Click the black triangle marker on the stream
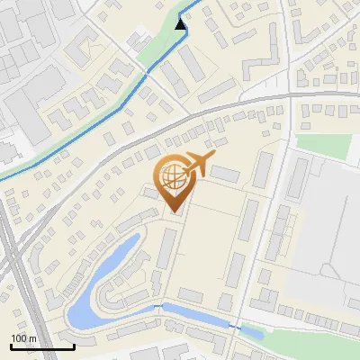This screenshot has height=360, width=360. (182, 23)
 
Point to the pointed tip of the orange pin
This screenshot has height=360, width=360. (175, 212)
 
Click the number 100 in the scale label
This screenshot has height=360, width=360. (20, 338)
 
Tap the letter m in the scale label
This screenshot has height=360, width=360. (32, 338)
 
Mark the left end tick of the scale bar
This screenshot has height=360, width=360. (11, 346)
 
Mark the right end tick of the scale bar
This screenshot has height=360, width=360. (74, 346)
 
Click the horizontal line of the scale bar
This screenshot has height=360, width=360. (42, 346)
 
